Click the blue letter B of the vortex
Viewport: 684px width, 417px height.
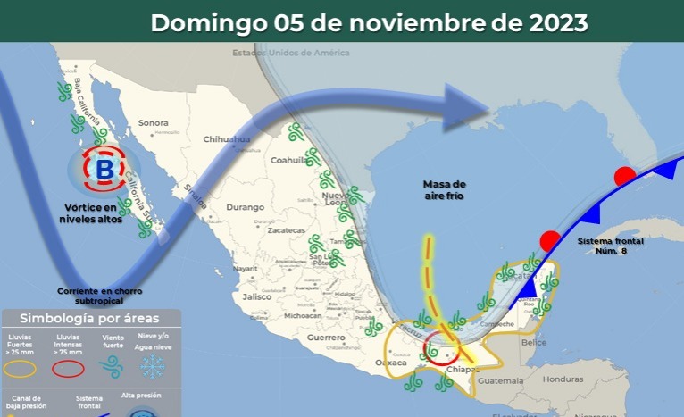pyautogui.click(x=104, y=168)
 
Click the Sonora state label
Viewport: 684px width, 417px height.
pyautogui.click(x=154, y=122)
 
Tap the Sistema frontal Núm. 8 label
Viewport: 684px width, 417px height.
pyautogui.click(x=610, y=246)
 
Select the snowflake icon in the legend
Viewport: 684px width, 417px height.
pyautogui.click(x=153, y=365)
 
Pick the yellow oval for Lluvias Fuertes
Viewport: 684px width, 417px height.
pyautogui.click(x=21, y=367)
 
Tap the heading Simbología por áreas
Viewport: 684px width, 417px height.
pyautogui.click(x=89, y=319)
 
